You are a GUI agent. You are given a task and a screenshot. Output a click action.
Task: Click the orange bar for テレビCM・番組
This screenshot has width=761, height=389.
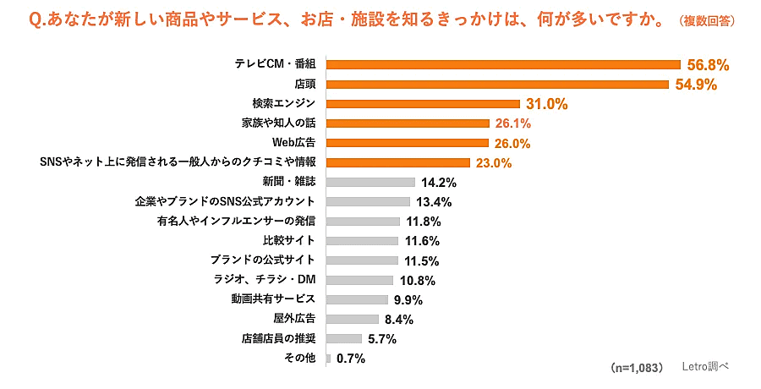pos(503,64)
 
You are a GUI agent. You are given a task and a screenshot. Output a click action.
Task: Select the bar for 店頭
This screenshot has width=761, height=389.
pos(495,84)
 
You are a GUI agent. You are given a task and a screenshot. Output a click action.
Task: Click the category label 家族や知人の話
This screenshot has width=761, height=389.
pos(278,123)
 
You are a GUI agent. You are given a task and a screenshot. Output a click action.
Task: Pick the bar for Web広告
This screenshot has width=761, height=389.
pos(407,143)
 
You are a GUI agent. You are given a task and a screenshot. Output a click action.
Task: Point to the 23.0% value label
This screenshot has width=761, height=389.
pos(492,162)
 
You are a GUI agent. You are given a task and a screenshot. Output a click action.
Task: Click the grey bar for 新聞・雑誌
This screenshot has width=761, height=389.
pos(370,182)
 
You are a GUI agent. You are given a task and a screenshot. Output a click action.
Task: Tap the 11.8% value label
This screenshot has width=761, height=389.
pos(424,222)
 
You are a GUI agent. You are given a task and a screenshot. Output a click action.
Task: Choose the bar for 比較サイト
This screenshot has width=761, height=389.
pos(362,241)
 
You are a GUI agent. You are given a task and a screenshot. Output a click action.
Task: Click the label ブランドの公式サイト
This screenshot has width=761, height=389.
pos(262,260)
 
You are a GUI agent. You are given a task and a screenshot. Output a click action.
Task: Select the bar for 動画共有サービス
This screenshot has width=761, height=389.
pos(357,299)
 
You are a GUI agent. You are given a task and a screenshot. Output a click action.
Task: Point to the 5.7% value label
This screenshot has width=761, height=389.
pos(381,339)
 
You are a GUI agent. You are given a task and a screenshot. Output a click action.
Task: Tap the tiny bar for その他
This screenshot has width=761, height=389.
pos(328,359)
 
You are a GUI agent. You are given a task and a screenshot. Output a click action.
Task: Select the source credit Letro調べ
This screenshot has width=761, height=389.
pos(705,368)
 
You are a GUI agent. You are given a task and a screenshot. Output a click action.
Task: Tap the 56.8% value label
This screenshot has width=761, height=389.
pos(709,64)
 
